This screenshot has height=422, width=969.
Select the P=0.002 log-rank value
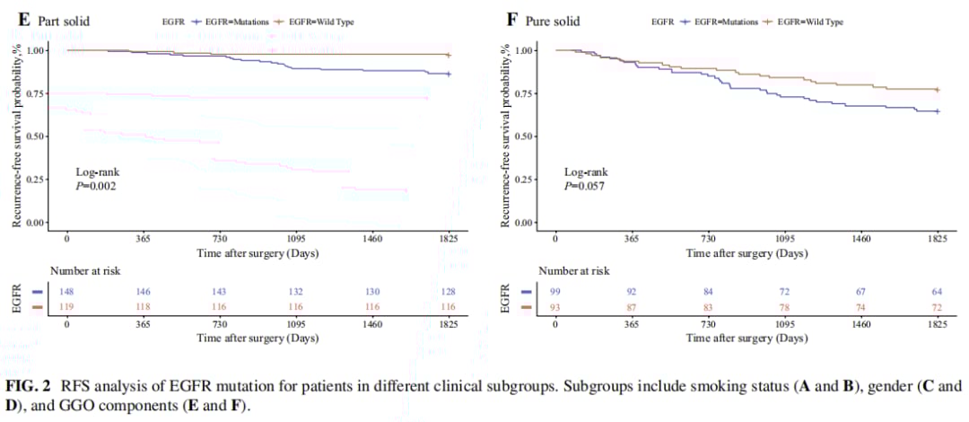(x=97, y=186)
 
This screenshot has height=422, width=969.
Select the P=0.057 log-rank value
(x=586, y=186)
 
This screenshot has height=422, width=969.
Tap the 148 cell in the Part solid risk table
(x=66, y=292)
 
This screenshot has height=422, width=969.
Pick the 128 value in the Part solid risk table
(x=449, y=292)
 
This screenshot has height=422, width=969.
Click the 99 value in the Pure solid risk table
(x=555, y=292)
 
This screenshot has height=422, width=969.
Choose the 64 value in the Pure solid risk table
(x=937, y=292)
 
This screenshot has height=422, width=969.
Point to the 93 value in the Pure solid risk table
(x=555, y=307)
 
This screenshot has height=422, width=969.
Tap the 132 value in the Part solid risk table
(x=296, y=292)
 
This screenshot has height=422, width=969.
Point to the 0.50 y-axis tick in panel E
(x=37, y=136)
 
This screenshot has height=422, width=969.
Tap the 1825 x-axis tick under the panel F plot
(x=937, y=239)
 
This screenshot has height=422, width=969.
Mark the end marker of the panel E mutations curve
(x=449, y=74)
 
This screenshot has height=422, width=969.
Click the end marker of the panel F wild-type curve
(x=937, y=90)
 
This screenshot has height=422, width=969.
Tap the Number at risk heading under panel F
(x=573, y=270)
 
